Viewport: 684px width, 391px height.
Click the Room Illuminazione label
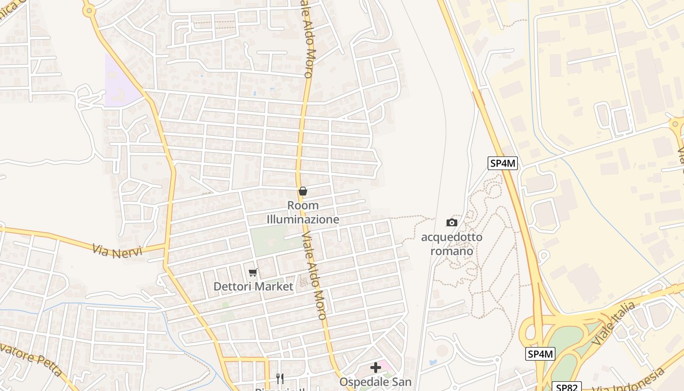pos(303,213)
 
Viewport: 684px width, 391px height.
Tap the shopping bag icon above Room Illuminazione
pos(303,191)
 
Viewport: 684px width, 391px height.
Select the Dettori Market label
pos(254,286)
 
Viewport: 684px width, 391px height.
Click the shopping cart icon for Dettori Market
pos(253,272)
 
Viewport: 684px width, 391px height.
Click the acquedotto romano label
pos(451,244)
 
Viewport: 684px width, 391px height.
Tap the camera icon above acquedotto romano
pos(452,223)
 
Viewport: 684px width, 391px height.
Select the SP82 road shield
pos(567,387)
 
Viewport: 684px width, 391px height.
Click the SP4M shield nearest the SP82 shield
pos(541,354)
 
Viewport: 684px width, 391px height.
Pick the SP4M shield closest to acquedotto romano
pos(503,163)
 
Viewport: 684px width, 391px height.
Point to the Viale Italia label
pos(613,324)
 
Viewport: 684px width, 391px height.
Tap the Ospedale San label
pos(375,381)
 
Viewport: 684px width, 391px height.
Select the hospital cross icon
pos(375,368)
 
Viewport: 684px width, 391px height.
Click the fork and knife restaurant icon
pos(279,378)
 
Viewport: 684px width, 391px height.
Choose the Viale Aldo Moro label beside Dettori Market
pos(314,276)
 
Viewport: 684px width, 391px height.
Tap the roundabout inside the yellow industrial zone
pos(677,124)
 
